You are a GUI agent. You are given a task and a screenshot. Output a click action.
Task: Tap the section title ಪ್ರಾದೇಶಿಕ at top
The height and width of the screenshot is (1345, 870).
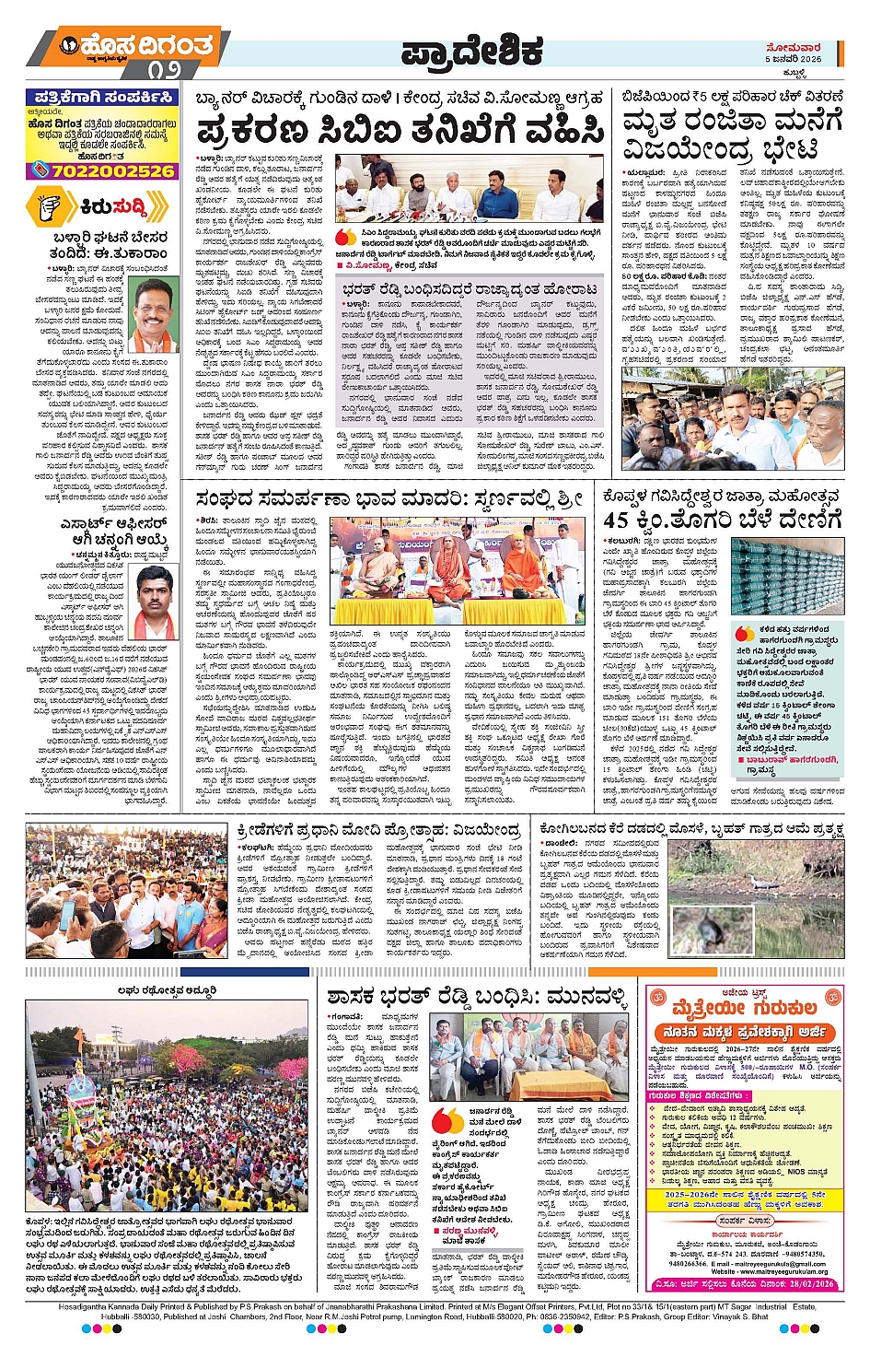(471, 53)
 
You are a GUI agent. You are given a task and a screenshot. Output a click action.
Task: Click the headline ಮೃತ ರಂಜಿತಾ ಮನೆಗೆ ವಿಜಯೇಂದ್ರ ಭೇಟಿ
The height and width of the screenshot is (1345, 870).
(733, 134)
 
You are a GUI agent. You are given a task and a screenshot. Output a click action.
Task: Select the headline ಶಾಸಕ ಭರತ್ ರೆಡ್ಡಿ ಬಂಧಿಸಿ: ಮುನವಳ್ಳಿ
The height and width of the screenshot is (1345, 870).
(477, 998)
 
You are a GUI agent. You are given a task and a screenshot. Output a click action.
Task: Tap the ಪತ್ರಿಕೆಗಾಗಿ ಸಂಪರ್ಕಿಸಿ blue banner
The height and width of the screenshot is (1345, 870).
(104, 97)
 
